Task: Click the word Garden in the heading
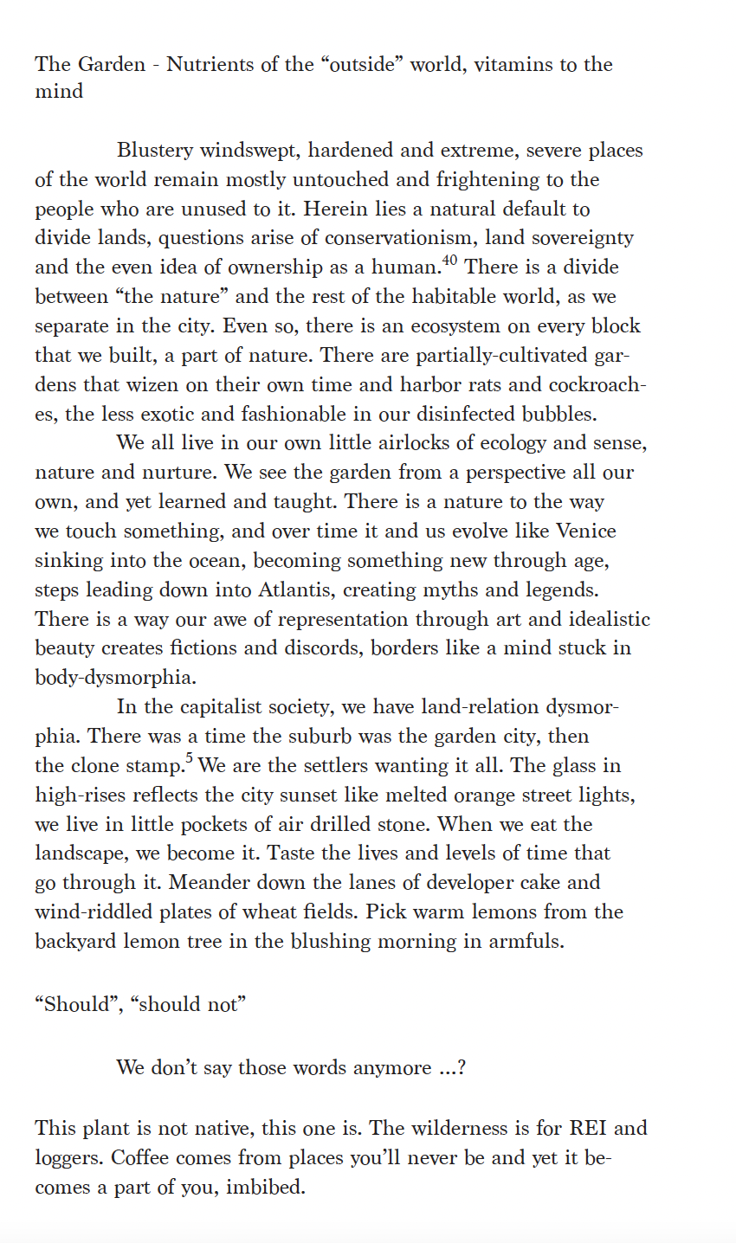click(x=112, y=65)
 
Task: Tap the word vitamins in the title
click(x=517, y=65)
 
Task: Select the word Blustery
click(x=155, y=151)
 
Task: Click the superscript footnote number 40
click(x=450, y=261)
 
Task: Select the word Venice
click(x=586, y=531)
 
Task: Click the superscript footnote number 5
click(x=189, y=759)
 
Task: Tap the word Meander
click(x=207, y=883)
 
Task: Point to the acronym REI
click(x=588, y=1128)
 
